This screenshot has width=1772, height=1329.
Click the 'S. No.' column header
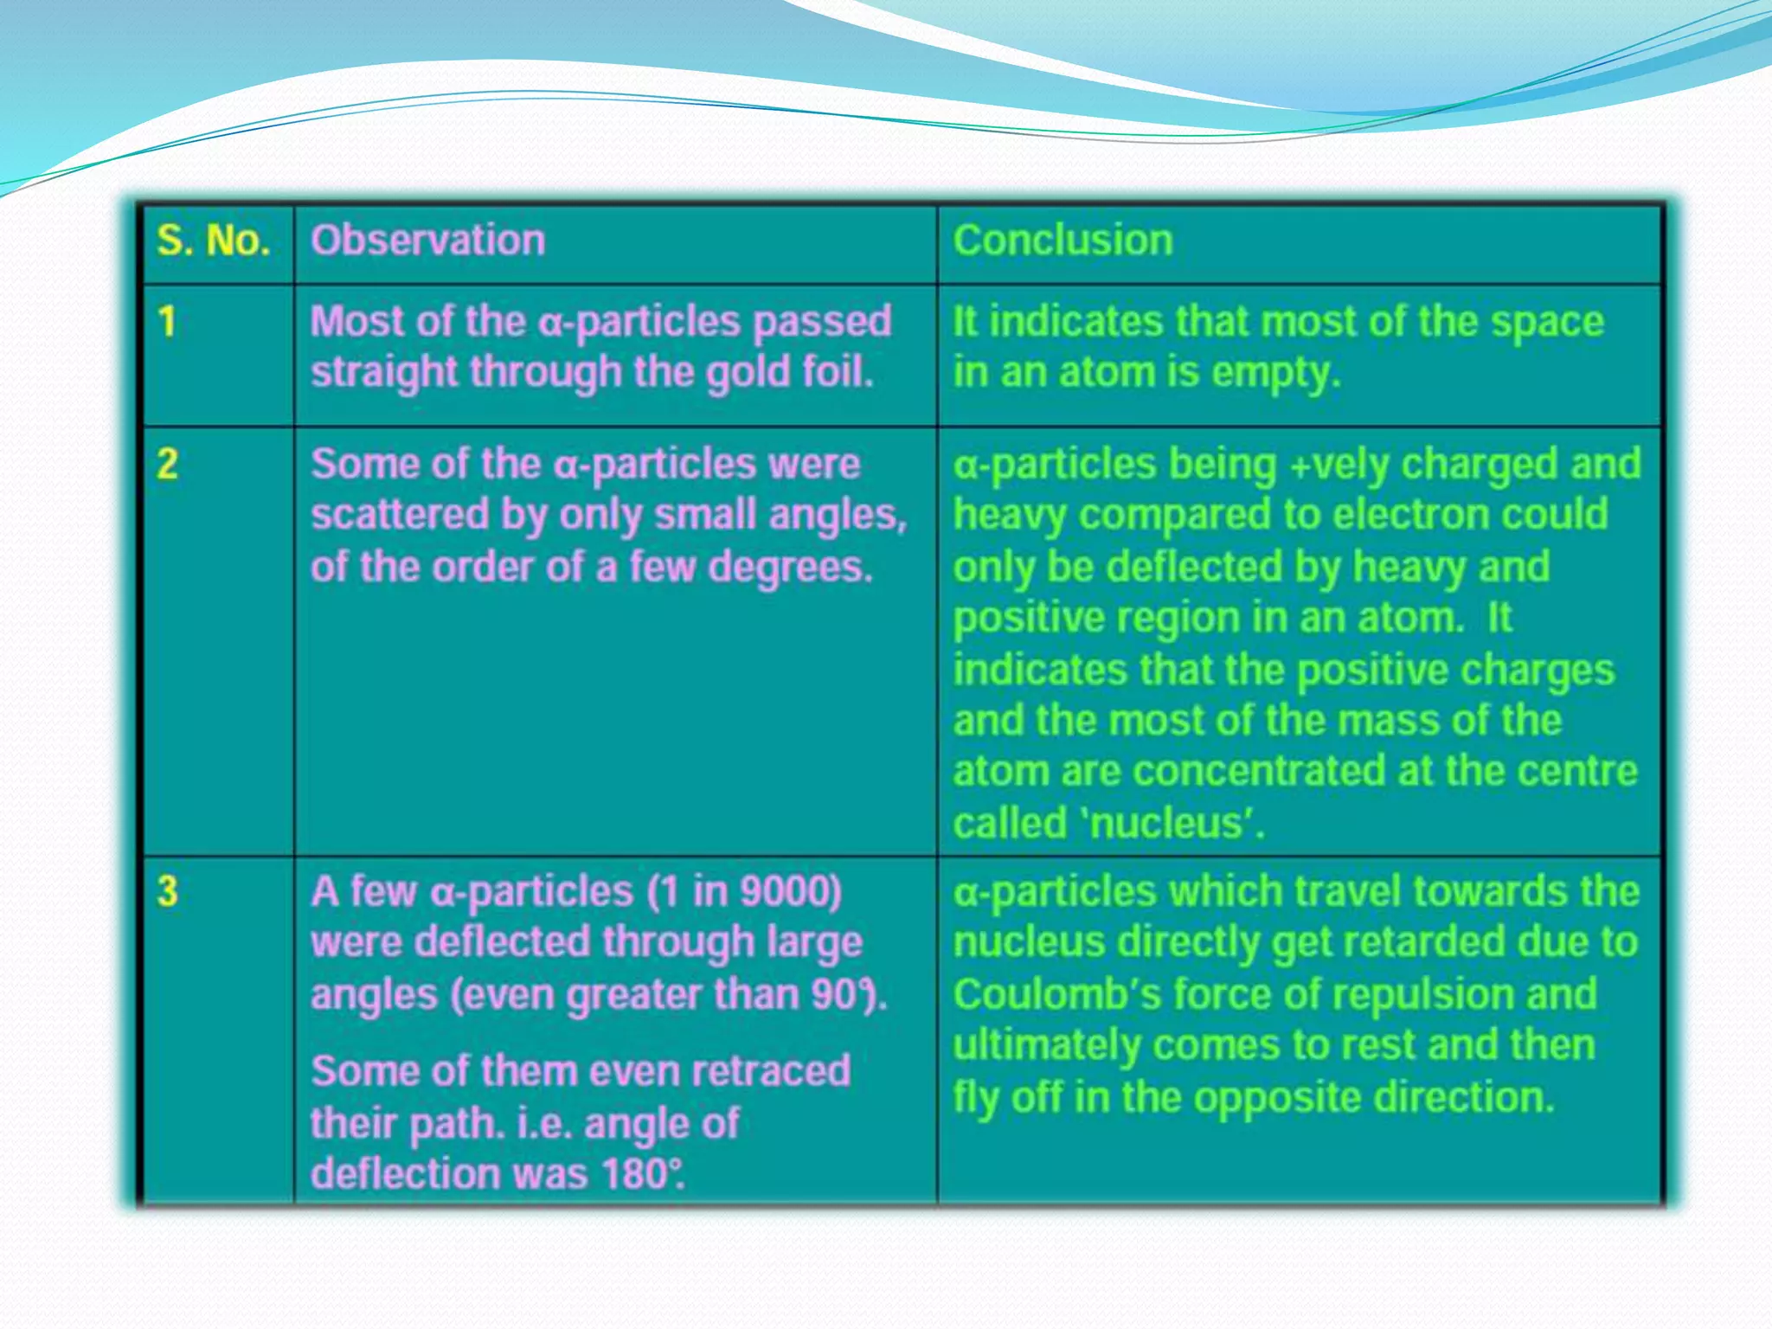pyautogui.click(x=213, y=241)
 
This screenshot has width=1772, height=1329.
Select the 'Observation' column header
pyautogui.click(x=427, y=241)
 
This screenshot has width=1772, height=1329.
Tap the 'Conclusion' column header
pyautogui.click(x=1063, y=241)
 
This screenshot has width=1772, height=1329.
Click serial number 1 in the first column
pyautogui.click(x=167, y=322)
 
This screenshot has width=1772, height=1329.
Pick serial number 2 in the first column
pyautogui.click(x=167, y=465)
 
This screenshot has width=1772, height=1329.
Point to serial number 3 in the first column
pyautogui.click(x=167, y=891)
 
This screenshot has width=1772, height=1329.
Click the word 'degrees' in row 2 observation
pyautogui.click(x=788, y=568)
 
